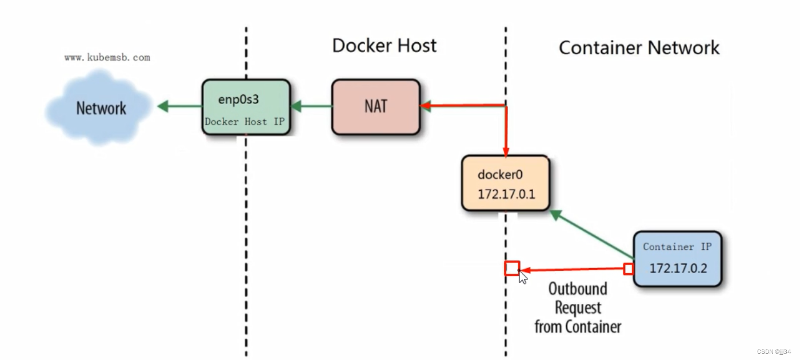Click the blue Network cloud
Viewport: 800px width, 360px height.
coord(100,107)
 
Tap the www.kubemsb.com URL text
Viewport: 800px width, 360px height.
coord(107,58)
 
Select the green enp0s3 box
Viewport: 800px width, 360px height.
coord(246,107)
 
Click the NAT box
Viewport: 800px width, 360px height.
coord(375,107)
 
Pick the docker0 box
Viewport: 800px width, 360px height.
coord(505,183)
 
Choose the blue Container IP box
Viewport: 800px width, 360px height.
coord(677,258)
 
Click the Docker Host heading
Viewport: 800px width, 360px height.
coord(384,46)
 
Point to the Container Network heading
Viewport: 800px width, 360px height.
coord(639,47)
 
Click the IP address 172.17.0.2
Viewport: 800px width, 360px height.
coord(678,268)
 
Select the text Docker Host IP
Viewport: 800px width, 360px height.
coord(244,122)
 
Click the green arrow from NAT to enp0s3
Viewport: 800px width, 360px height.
coord(311,106)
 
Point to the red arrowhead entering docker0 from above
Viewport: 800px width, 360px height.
coord(506,151)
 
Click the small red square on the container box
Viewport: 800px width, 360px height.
coord(629,269)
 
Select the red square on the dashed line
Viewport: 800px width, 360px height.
coord(512,268)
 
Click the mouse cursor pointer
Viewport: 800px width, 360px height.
coord(523,278)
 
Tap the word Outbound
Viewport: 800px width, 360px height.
coord(578,289)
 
